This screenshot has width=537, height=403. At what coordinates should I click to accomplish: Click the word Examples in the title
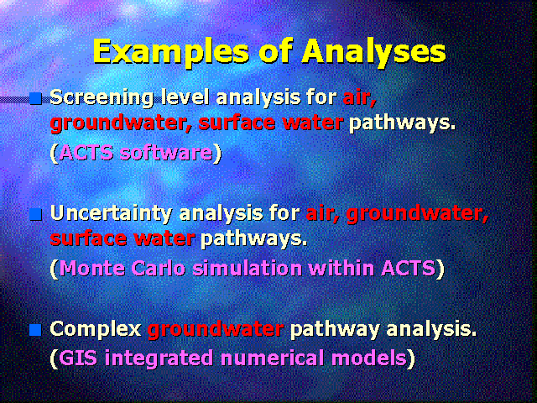[170, 52]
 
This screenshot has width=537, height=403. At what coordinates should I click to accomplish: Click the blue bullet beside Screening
[35, 98]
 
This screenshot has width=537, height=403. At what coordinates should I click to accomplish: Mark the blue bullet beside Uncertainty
[35, 215]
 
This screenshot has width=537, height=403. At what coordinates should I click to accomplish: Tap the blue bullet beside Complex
[35, 330]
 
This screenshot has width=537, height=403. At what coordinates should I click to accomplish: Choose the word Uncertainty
[111, 214]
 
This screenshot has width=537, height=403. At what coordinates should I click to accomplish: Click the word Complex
[96, 330]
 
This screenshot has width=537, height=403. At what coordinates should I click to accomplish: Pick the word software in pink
[166, 153]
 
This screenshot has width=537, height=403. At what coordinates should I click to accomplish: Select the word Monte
[92, 269]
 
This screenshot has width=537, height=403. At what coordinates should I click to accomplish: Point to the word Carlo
[159, 269]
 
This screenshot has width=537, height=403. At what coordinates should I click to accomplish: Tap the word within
[341, 269]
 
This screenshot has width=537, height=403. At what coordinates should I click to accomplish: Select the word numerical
[272, 359]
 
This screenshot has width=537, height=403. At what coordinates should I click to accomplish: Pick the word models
[369, 359]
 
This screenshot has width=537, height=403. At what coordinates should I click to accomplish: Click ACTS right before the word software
[86, 153]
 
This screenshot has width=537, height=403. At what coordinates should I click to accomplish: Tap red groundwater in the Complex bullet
[216, 330]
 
